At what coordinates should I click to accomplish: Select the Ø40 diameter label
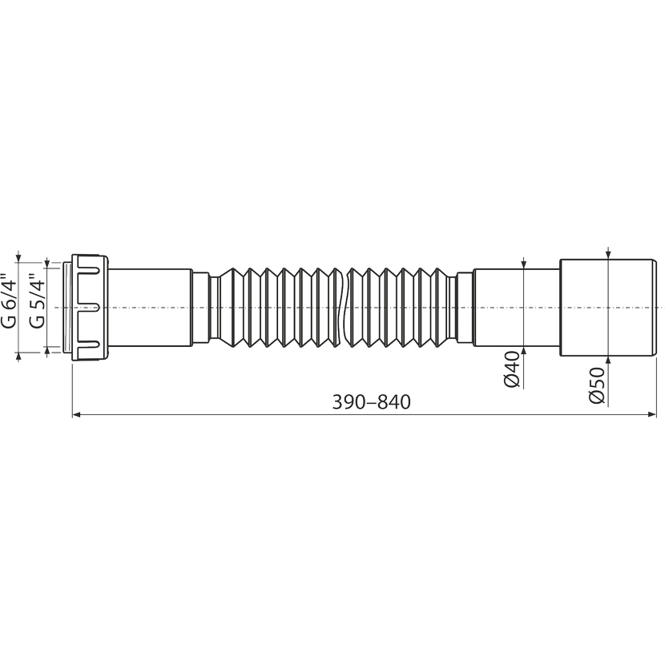512,369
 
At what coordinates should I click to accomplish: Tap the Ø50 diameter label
597,385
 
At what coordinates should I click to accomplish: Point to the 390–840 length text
371,402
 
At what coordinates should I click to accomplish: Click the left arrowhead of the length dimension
76,414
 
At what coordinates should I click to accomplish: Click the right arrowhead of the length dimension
652,414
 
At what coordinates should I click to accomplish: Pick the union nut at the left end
91,308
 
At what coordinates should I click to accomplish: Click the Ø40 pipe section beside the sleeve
517,307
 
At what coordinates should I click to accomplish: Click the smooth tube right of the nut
151,307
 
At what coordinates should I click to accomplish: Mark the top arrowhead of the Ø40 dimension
524,264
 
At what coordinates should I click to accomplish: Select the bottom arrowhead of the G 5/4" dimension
47,350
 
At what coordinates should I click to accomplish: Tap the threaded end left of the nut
67,307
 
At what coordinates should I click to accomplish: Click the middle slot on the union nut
89,308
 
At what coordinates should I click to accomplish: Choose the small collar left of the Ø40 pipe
465,307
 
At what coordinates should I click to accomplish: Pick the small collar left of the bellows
200,307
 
